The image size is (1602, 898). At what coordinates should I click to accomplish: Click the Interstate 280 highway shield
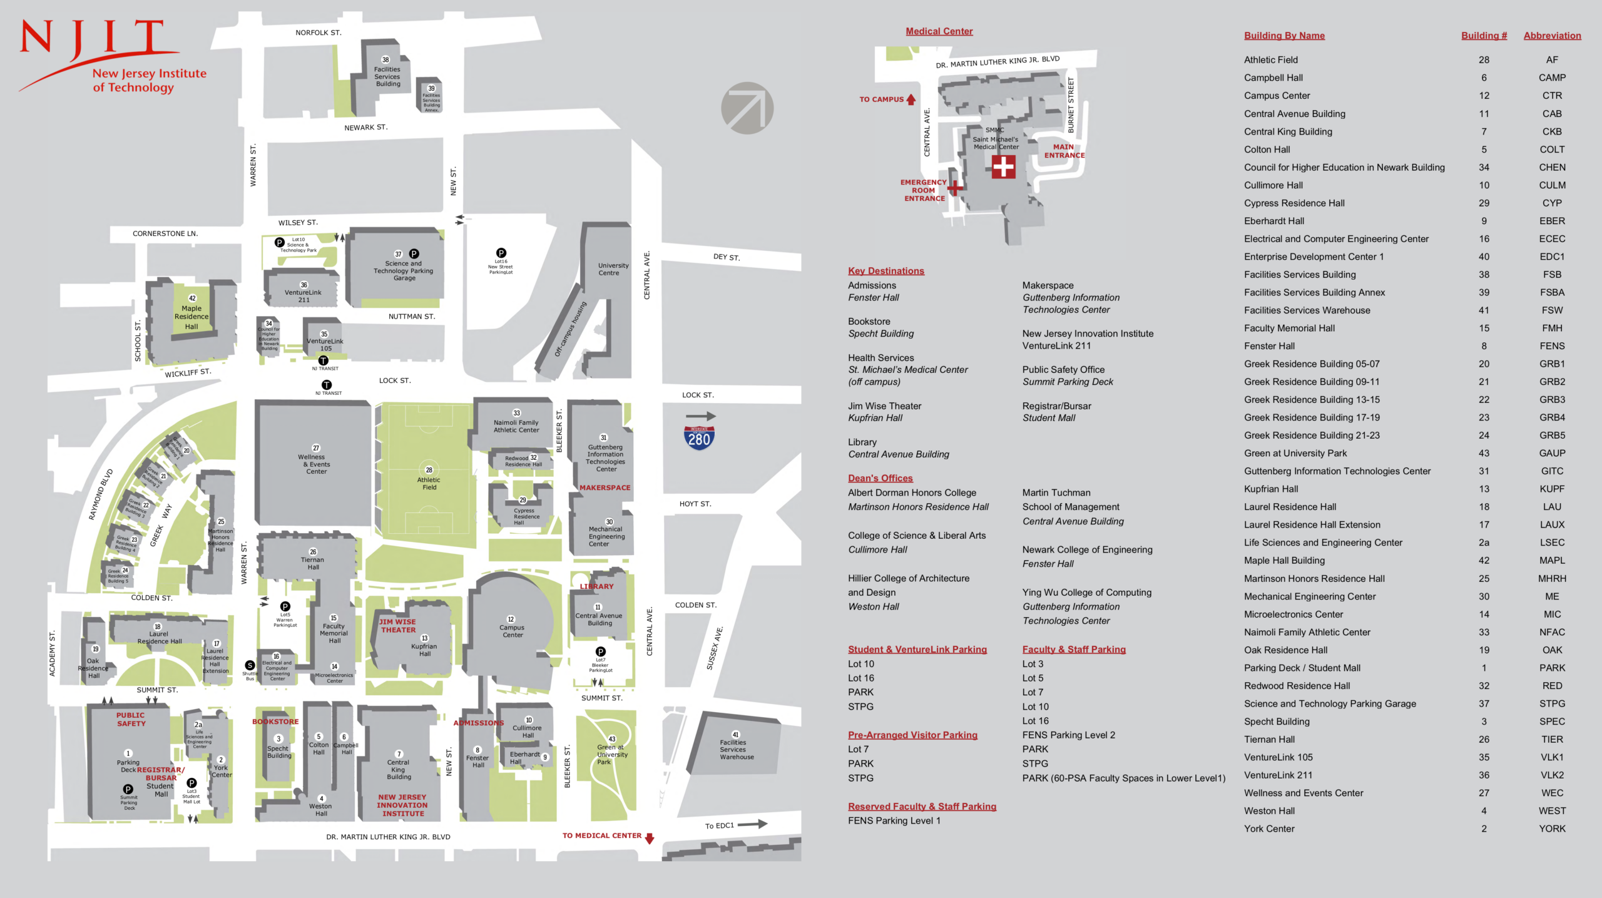pos(699,437)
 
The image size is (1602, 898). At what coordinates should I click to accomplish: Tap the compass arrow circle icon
pos(747,108)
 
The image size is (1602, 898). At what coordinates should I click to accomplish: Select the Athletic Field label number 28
pos(429,470)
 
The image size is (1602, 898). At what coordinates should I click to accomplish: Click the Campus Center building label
pos(512,631)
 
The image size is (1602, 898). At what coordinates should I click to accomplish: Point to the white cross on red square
pos(1003,166)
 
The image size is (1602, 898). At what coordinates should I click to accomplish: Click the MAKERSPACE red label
pos(605,487)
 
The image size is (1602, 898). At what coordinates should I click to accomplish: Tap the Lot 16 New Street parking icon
pos(501,253)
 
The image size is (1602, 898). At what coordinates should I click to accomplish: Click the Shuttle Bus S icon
pos(250,665)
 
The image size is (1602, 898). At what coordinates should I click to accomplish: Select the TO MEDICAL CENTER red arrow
pos(650,838)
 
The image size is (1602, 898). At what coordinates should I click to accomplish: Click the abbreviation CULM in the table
pos(1551,185)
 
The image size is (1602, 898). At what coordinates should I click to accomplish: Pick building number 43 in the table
pos(1483,453)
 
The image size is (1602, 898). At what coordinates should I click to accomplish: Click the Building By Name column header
pos(1283,36)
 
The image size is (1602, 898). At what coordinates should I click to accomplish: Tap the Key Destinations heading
pos(885,271)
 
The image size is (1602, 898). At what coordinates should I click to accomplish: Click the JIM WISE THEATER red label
pos(397,626)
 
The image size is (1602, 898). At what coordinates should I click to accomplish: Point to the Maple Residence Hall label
pos(191,317)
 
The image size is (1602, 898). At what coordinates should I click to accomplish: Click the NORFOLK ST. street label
pos(318,33)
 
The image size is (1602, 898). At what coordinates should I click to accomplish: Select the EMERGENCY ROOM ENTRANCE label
pos(923,190)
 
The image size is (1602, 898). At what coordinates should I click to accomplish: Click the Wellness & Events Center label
pos(316,464)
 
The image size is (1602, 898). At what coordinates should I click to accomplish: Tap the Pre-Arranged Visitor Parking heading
pos(912,735)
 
